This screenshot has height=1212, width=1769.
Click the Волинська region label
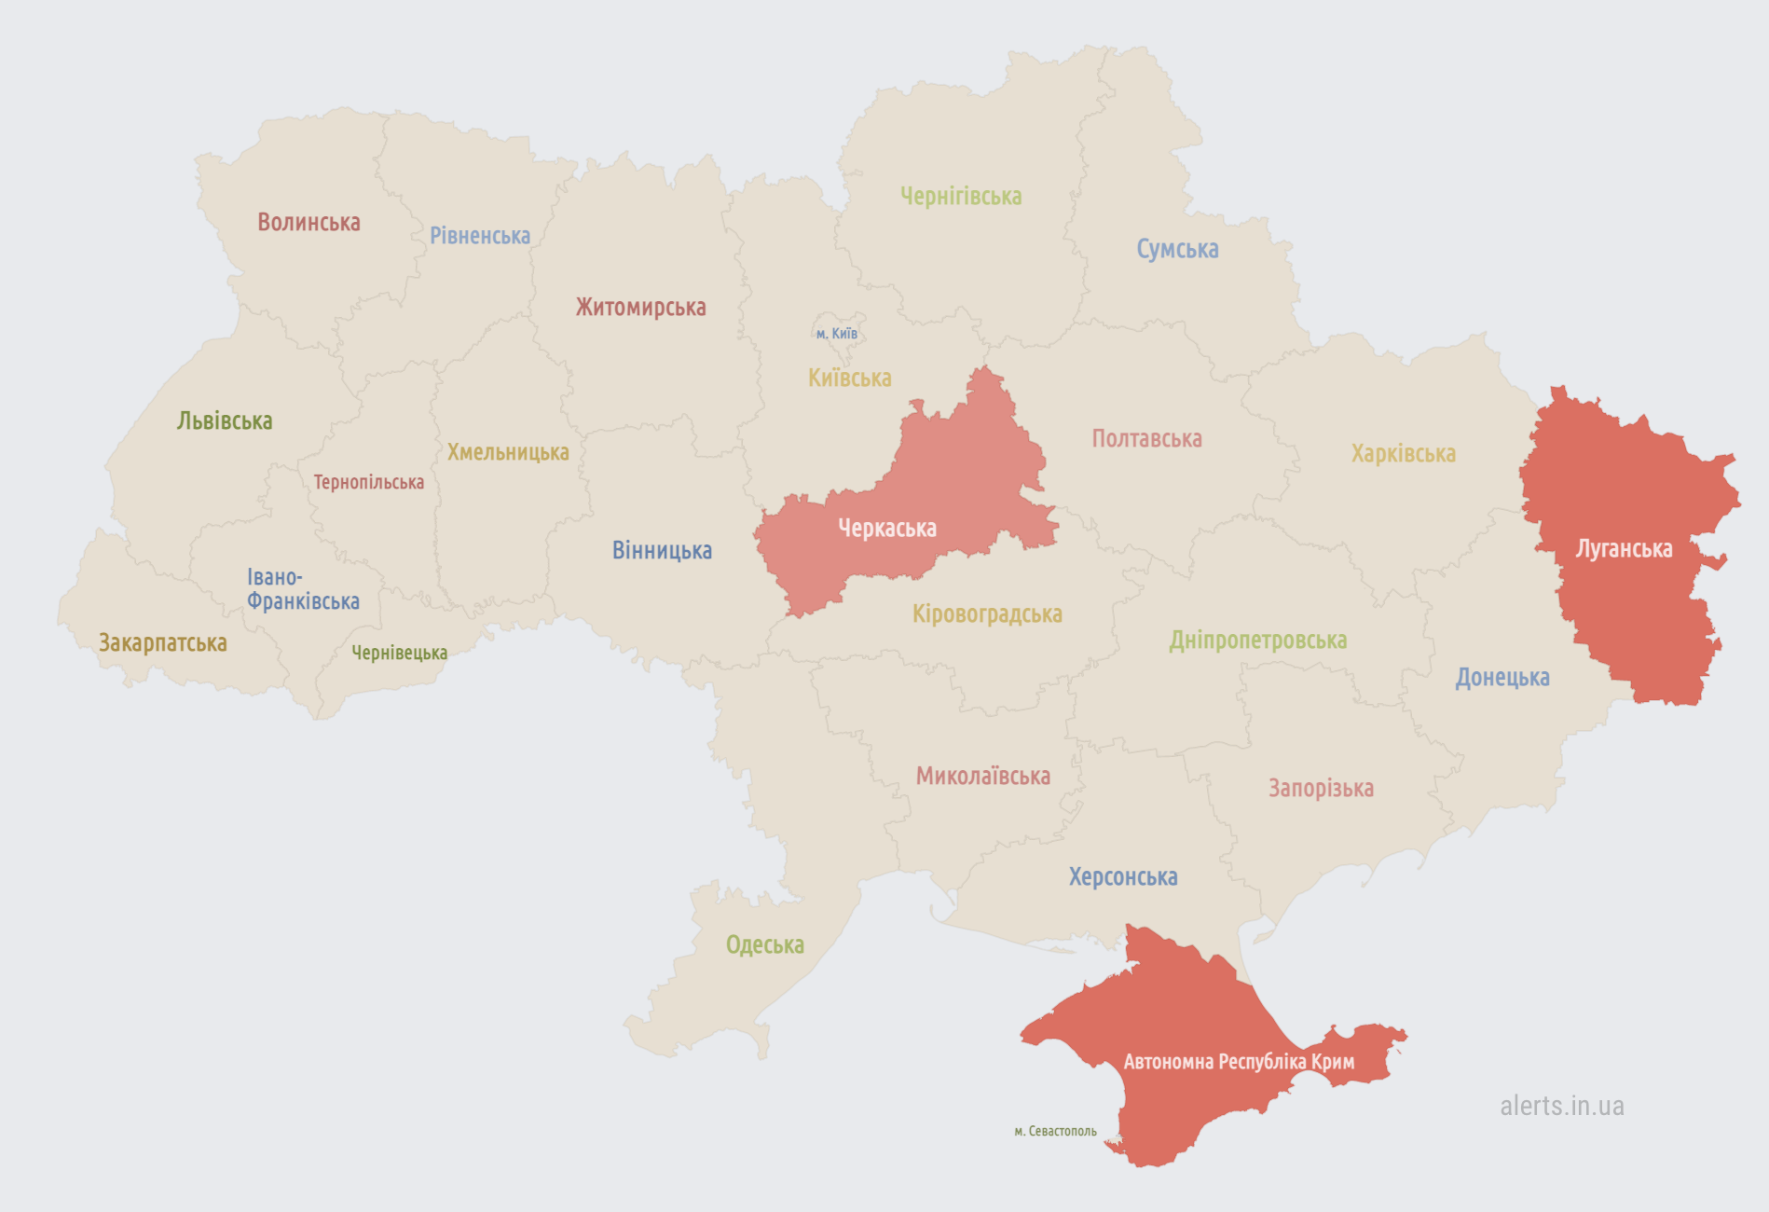(x=309, y=223)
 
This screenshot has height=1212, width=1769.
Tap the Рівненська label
(x=479, y=236)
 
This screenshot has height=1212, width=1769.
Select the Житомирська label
(x=640, y=308)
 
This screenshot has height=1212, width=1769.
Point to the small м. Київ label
(x=836, y=334)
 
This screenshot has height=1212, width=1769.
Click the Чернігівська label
(x=961, y=197)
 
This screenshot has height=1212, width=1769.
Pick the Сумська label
(x=1177, y=249)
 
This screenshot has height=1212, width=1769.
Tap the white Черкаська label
(x=886, y=529)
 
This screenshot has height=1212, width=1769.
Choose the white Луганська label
(x=1624, y=549)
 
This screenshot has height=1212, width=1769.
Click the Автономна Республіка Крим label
(x=1239, y=1062)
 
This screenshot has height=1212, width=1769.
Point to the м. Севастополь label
(x=1055, y=1131)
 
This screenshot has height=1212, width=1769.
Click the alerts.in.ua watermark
(x=1561, y=1106)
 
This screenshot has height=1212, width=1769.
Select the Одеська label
(x=764, y=945)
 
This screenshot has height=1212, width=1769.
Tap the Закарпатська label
(x=163, y=643)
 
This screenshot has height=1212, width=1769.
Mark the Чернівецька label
(x=399, y=653)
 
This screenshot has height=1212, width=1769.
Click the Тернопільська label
(x=368, y=482)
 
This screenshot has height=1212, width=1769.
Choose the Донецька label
(x=1502, y=678)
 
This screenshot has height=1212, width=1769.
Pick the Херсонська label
(x=1122, y=877)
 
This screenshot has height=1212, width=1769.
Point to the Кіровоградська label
(x=987, y=614)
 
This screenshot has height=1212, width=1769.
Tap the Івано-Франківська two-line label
(x=302, y=589)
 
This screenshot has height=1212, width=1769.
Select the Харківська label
(x=1403, y=454)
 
